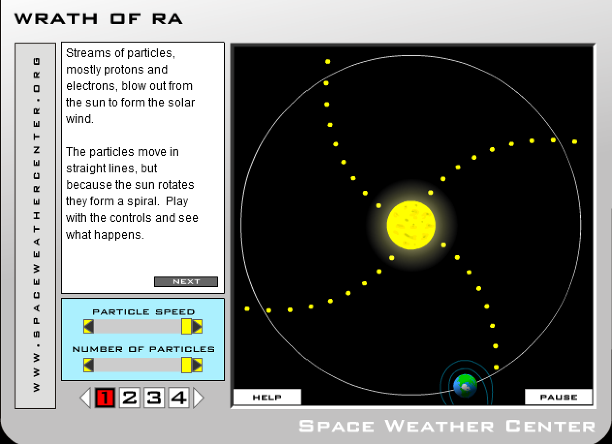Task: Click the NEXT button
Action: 186,281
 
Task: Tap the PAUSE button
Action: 558,397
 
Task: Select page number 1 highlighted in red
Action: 105,398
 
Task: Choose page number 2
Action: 129,398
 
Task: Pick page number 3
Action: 154,398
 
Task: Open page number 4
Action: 179,398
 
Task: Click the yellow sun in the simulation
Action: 411,225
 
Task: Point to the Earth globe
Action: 465,386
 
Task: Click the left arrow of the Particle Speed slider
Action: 89,326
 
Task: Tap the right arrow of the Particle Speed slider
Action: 197,326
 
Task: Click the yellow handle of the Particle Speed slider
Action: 187,326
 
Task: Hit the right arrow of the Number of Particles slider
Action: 197,365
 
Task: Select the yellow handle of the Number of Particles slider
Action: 187,365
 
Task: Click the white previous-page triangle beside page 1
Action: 85,398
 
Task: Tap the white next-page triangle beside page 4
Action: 198,398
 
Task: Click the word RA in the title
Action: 167,19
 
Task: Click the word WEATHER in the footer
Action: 439,426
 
